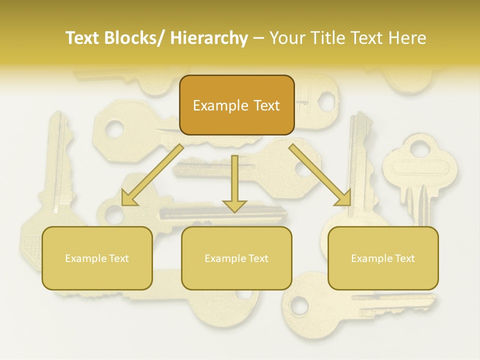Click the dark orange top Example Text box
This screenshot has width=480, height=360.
(x=236, y=105)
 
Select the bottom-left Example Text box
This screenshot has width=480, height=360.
(x=97, y=258)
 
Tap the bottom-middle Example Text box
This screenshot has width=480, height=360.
(x=236, y=258)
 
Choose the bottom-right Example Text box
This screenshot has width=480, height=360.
(x=383, y=258)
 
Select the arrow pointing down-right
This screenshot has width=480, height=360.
(x=320, y=175)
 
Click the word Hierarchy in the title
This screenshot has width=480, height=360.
(x=209, y=38)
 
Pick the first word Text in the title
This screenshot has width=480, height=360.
(x=83, y=38)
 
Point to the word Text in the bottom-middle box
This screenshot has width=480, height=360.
(x=258, y=258)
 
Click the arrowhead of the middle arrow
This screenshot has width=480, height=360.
(x=234, y=205)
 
